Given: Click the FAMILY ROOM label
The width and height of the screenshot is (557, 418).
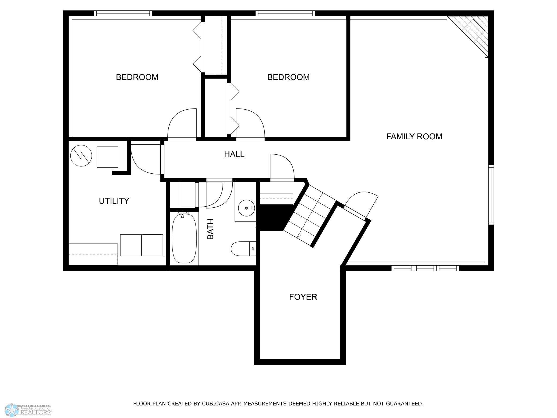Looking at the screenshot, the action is pos(414,137).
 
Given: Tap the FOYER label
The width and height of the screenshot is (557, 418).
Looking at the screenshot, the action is pos(303,297).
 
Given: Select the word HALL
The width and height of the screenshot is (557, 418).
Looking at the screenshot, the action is pos(234,154).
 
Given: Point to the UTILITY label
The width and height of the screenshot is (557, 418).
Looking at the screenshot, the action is pos(114,201).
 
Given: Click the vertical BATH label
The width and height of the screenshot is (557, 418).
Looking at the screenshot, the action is pos(210,229).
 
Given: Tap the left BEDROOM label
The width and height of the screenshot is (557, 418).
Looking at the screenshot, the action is pos(137,77).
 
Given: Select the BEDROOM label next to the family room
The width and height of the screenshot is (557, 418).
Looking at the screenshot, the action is pos(288,77).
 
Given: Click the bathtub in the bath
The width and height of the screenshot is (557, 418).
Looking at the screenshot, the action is pos(184,238).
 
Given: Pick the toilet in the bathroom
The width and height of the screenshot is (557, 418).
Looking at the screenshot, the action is pos(243,249).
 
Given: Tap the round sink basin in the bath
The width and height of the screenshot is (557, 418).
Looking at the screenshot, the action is pos(246,208).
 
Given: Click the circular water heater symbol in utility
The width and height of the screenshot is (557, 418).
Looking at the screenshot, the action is pos(81,156).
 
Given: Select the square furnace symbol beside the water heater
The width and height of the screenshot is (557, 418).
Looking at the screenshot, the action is pos(107,157).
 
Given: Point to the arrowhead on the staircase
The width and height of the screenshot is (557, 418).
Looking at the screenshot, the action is pos(299,236).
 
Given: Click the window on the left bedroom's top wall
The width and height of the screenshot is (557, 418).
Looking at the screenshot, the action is pos(123,13).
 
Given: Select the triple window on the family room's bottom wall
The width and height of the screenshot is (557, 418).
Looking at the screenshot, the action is pos(425,268).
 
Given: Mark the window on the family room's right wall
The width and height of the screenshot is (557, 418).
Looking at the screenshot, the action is pos(491,195).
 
